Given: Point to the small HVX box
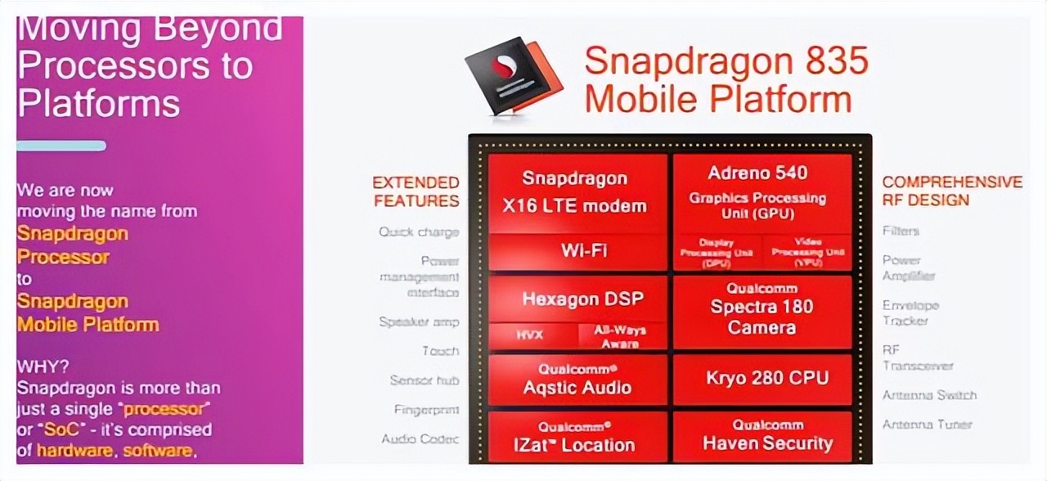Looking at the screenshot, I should click(529, 335).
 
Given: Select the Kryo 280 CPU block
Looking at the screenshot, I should click(766, 378).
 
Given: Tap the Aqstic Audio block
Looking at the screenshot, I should click(577, 379).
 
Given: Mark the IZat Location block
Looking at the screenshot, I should click(577, 438).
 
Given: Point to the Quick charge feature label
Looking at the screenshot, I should click(419, 232).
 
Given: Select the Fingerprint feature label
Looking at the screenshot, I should click(426, 410).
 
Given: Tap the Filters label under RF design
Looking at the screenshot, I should click(901, 232).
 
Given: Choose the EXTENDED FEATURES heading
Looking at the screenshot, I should click(416, 191).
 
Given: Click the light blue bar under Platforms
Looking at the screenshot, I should click(61, 146).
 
